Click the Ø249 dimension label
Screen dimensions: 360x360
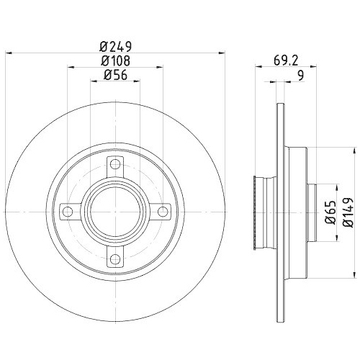[x=115, y=45]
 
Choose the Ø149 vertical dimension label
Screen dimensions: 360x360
[x=348, y=212]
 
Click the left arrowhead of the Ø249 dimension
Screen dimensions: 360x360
[x=9, y=52]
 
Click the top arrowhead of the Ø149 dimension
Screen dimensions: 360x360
[x=354, y=150]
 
